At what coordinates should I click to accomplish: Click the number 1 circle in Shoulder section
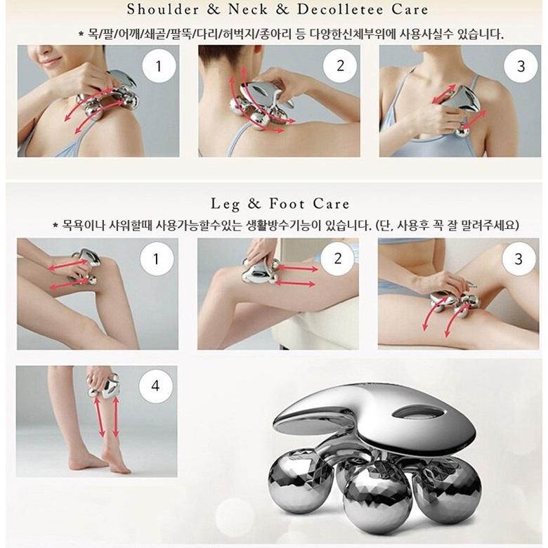[x=159, y=66]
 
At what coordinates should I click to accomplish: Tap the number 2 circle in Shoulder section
[x=340, y=66]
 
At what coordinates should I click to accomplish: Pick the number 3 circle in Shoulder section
[x=521, y=66]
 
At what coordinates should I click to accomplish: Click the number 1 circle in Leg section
[x=157, y=259]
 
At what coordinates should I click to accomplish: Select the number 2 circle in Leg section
[x=337, y=259]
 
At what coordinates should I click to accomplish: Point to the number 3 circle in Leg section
[x=518, y=259]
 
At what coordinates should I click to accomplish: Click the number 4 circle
[x=155, y=386]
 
